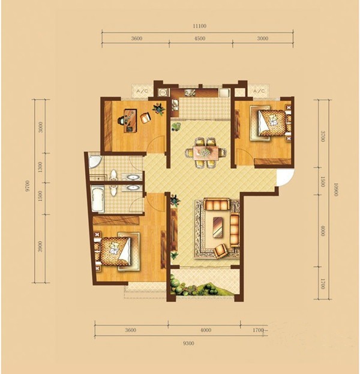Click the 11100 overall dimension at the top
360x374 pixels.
200,26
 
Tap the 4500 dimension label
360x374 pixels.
200,38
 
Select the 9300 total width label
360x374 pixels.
188,343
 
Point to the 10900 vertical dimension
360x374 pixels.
335,190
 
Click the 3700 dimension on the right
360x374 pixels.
323,136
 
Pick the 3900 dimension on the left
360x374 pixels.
40,246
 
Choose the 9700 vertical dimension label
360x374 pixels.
28,186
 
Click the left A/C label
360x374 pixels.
142,91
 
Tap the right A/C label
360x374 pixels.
259,91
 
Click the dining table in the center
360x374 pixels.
206,152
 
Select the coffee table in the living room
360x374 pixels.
218,228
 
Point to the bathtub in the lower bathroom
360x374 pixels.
98,200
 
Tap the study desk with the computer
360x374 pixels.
130,120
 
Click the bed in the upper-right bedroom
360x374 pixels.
272,123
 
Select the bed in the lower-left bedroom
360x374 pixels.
115,252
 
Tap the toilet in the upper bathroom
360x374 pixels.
113,174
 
